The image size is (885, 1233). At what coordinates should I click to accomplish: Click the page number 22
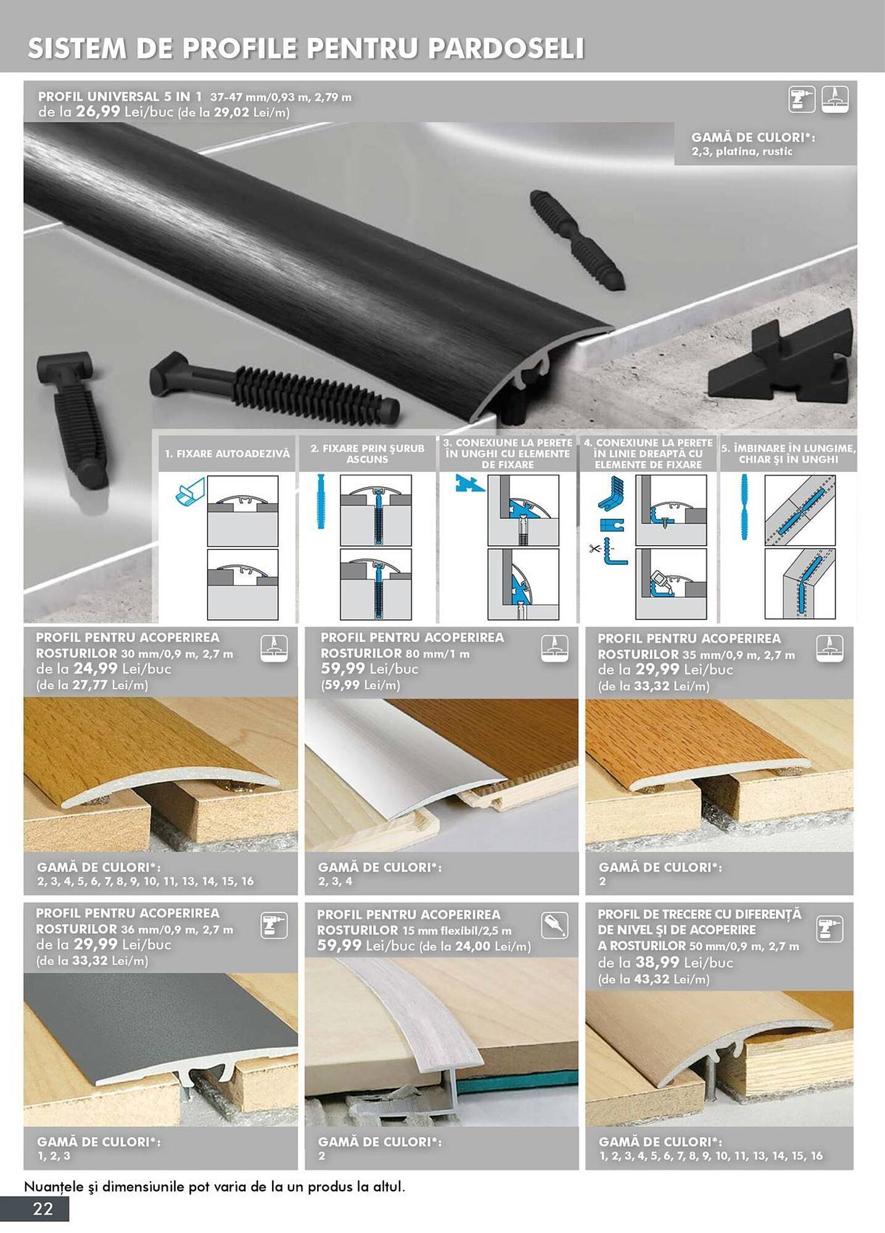[x=43, y=1208]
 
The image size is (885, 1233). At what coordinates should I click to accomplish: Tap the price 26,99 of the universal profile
[x=98, y=112]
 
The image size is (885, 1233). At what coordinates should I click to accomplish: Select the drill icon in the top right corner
[x=801, y=99]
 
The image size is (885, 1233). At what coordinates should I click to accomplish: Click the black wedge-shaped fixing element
[x=781, y=361]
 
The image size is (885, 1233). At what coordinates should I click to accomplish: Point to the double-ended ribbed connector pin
[x=577, y=240]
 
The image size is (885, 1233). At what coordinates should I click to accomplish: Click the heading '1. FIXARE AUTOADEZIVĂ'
[x=227, y=454]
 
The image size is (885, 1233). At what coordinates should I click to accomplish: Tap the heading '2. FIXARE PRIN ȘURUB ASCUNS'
[x=367, y=454]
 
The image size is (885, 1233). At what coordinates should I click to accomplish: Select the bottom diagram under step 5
[x=800, y=584]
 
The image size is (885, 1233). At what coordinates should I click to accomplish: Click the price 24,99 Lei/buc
[x=96, y=668]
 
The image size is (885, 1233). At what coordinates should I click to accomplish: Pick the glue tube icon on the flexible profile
[x=554, y=925]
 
